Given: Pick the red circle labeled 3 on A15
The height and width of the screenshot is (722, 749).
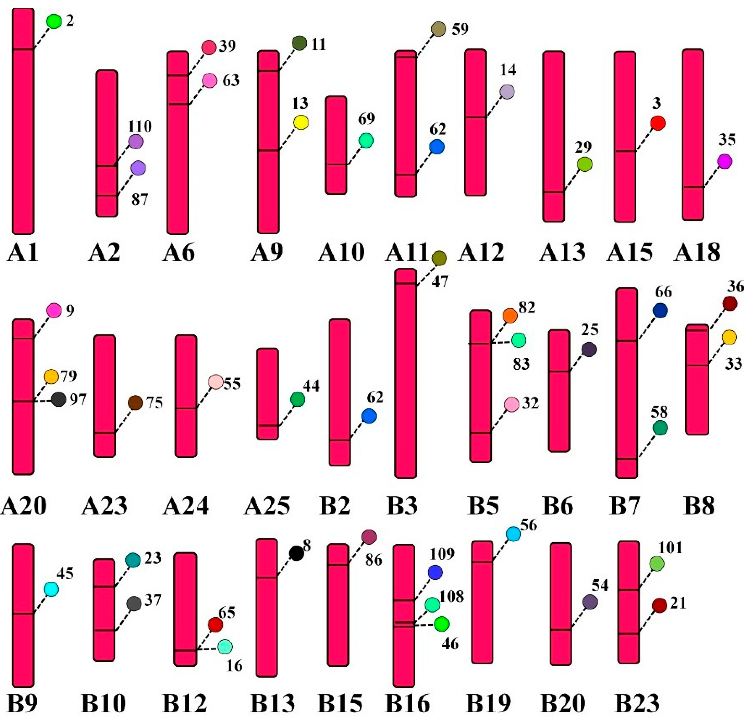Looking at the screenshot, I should coord(658,123).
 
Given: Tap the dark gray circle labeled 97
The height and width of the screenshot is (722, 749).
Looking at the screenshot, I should coord(58,399).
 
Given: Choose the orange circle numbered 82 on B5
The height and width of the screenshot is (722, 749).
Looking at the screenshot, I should coord(510,316).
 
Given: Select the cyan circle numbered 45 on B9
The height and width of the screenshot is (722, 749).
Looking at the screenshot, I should coord(51,589).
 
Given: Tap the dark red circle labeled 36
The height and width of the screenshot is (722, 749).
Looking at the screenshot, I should coord(730,304).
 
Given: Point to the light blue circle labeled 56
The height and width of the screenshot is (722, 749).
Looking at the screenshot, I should coord(513,534).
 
